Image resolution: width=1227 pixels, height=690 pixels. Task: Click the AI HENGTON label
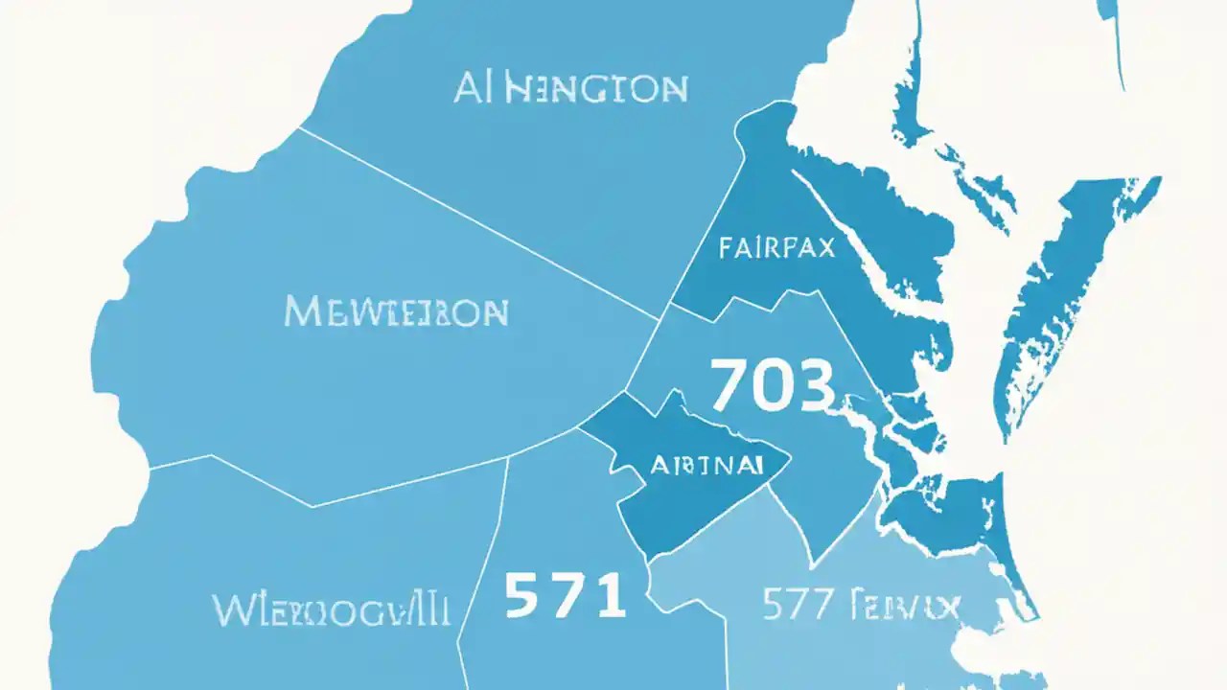point(570,88)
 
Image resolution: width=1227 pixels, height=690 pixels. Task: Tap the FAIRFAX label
point(776,248)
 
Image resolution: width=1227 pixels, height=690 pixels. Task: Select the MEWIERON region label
point(396,311)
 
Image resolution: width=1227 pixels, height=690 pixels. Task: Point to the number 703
point(771,385)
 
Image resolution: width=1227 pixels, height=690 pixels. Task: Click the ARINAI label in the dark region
point(706,466)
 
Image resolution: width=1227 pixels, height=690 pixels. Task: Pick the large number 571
point(565,595)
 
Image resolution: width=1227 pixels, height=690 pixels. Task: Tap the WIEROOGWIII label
point(331,609)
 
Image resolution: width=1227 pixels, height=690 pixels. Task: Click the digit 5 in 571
point(522,595)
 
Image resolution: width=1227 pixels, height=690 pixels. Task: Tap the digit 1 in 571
point(610,595)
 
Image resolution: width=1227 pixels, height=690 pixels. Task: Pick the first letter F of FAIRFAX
point(725,248)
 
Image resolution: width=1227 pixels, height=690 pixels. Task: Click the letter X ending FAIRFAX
point(826,248)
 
